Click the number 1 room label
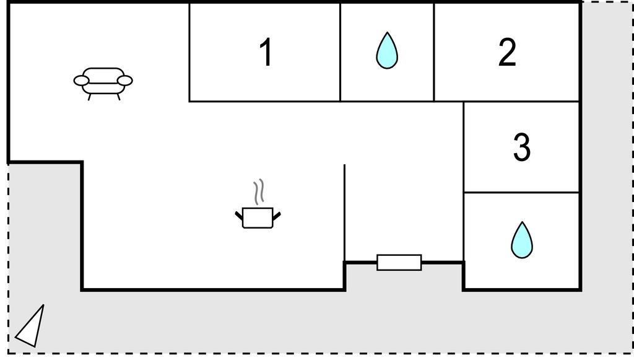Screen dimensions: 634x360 266,52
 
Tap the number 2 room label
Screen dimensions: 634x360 507,52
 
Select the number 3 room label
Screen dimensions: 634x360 521,147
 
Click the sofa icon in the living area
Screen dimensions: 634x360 103,83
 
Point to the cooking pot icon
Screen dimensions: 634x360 258,218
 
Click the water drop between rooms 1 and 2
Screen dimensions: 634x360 387,50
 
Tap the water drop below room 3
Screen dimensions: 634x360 521,240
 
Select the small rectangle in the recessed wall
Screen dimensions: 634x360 399,263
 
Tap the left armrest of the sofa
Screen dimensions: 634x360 81,81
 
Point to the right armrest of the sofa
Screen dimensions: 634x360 125,81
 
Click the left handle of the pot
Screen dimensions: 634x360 239,216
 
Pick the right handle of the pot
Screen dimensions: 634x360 277,216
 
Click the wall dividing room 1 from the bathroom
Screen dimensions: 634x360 340,52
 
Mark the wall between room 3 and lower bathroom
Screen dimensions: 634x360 521,192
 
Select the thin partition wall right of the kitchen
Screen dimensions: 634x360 344,213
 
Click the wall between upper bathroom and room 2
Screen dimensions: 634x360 434,52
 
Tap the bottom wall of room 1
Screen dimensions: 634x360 265,101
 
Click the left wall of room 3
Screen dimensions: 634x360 464,147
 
